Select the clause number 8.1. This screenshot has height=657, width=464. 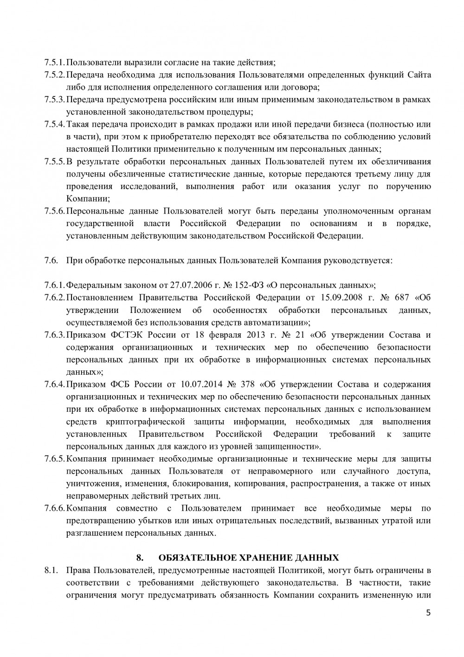[x=51, y=570]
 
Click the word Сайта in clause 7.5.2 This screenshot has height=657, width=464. [x=419, y=74]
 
